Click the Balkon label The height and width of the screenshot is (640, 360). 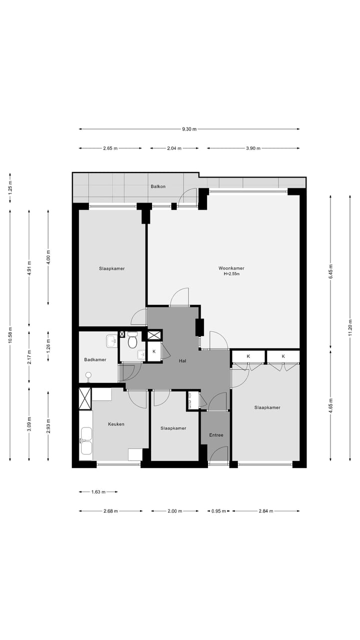(x=158, y=186)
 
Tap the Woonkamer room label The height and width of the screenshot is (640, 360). (x=231, y=268)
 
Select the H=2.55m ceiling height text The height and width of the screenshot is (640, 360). (x=231, y=274)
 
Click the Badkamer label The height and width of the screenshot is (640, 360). (x=95, y=359)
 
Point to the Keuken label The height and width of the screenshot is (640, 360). (x=116, y=424)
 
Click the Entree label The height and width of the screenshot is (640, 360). (x=216, y=435)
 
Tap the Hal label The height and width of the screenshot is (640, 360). (x=182, y=361)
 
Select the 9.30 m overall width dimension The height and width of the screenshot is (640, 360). (x=189, y=129)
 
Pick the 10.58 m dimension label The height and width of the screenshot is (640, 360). (x=10, y=335)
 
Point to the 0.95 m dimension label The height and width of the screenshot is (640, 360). (x=218, y=511)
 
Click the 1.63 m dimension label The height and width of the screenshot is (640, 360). (x=98, y=492)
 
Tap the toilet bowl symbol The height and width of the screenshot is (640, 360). (x=132, y=340)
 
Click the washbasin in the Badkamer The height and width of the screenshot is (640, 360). (x=111, y=341)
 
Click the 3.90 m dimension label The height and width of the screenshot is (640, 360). (x=253, y=148)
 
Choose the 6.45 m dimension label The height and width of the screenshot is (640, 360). (x=331, y=271)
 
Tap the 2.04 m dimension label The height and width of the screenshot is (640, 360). (x=174, y=148)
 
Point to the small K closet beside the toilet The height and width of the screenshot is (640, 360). (x=154, y=351)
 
